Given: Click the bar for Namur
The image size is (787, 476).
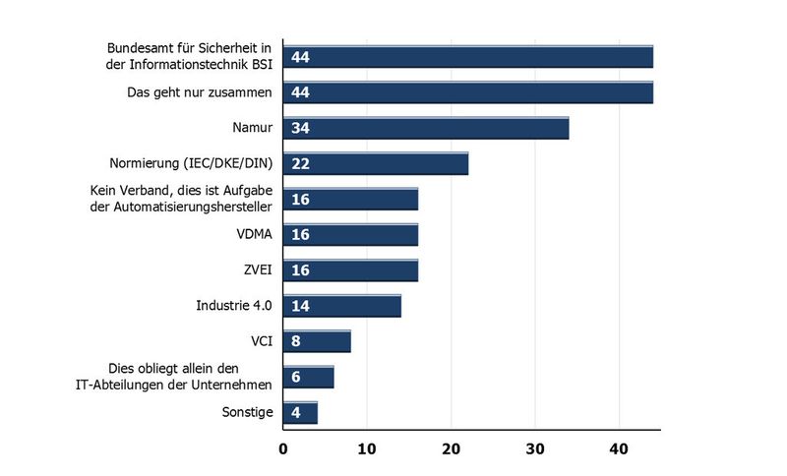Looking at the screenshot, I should tap(426, 128).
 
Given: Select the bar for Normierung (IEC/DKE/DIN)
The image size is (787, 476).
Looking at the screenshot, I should tap(375, 164).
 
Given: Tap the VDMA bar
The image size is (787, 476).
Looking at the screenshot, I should tap(350, 235).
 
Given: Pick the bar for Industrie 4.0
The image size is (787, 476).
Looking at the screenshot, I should tap(341, 306).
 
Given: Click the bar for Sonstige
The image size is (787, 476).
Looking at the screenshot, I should tap(300, 412).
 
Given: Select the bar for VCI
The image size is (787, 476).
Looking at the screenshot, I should tap(317, 341).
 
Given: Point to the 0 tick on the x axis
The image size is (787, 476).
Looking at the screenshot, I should tap(283, 450).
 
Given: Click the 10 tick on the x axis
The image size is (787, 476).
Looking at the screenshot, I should tap(367, 450).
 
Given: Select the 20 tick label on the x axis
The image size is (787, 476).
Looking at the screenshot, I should tap(451, 450).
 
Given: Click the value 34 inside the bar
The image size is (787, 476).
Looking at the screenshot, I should tap(301, 129).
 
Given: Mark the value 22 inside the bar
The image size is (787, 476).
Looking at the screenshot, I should tap(301, 164).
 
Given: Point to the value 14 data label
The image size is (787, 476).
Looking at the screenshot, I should tap(301, 306).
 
